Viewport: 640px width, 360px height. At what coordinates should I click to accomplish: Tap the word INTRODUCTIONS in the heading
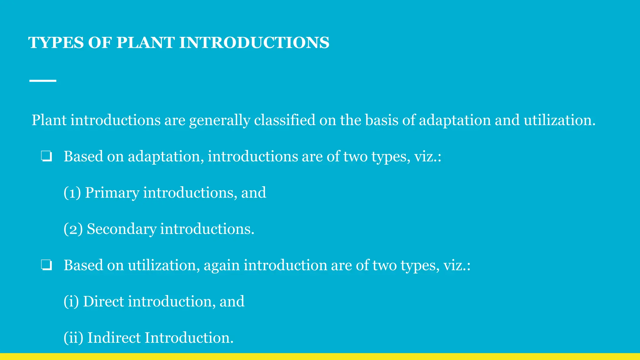pos(254,42)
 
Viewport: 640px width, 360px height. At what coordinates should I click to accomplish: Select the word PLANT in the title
pos(145,42)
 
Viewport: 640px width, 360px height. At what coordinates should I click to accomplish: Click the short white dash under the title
pos(43,81)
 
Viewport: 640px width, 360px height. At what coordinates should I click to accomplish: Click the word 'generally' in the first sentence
pos(219,121)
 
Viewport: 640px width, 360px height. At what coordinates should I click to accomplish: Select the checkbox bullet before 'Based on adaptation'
pos(46,156)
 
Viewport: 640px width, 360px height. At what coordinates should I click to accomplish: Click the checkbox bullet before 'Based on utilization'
pos(46,265)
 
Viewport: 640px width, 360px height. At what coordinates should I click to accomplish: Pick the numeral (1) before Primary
pos(72,192)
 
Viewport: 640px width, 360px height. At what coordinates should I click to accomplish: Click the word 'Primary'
pos(112,193)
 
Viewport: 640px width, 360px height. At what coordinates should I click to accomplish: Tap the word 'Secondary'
pos(122,229)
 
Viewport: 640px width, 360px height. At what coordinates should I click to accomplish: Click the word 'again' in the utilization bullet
pos(222,266)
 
